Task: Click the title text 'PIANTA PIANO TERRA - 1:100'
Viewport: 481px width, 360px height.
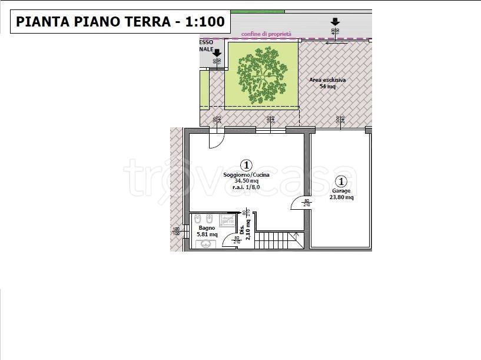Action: click(x=120, y=22)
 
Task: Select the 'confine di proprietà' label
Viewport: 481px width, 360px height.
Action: click(x=266, y=35)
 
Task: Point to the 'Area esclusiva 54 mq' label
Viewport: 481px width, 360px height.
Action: click(x=327, y=83)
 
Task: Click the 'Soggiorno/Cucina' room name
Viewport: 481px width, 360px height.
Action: click(x=246, y=175)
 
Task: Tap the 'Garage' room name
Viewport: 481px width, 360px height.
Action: click(x=341, y=191)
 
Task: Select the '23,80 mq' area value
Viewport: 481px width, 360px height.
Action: click(x=341, y=197)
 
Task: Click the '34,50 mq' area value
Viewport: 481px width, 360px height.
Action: click(x=246, y=181)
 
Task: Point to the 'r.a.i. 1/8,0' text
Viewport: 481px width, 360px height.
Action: click(x=246, y=187)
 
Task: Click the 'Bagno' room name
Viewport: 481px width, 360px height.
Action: click(x=207, y=227)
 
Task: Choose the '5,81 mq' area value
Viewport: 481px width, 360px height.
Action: click(x=207, y=234)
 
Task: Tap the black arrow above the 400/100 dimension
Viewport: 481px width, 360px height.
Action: click(x=335, y=21)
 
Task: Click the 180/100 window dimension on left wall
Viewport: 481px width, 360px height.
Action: click(x=175, y=232)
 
